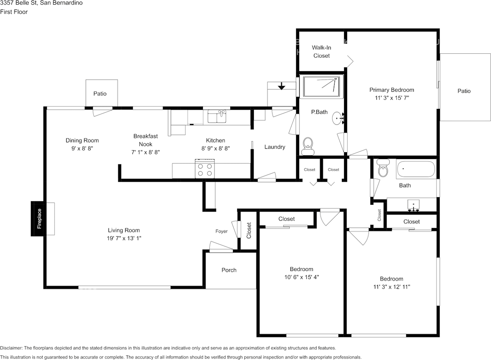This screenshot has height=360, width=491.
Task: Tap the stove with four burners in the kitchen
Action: click(205, 169)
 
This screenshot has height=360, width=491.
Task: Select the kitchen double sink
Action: click(217, 116)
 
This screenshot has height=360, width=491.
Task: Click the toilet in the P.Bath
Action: click(308, 146)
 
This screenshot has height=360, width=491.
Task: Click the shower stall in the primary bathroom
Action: click(321, 87)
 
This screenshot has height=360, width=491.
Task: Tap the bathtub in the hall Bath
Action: click(416, 169)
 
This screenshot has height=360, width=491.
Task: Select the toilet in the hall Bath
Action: click(383, 168)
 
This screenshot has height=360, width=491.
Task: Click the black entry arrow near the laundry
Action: click(282, 86)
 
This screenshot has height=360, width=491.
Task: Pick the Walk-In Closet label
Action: click(321, 51)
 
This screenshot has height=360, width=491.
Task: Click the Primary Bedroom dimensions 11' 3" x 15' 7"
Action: click(392, 98)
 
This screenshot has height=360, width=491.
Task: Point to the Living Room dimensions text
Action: click(124, 238)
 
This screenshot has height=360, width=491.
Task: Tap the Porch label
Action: click(229, 270)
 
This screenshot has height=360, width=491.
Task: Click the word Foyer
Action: click(221, 231)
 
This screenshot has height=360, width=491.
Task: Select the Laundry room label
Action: click(275, 147)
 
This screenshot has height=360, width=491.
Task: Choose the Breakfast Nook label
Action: click(145, 140)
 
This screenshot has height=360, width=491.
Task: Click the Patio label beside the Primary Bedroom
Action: click(464, 91)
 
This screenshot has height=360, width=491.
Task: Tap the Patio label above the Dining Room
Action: click(100, 94)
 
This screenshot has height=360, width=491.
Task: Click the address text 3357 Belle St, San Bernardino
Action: click(41, 3)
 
